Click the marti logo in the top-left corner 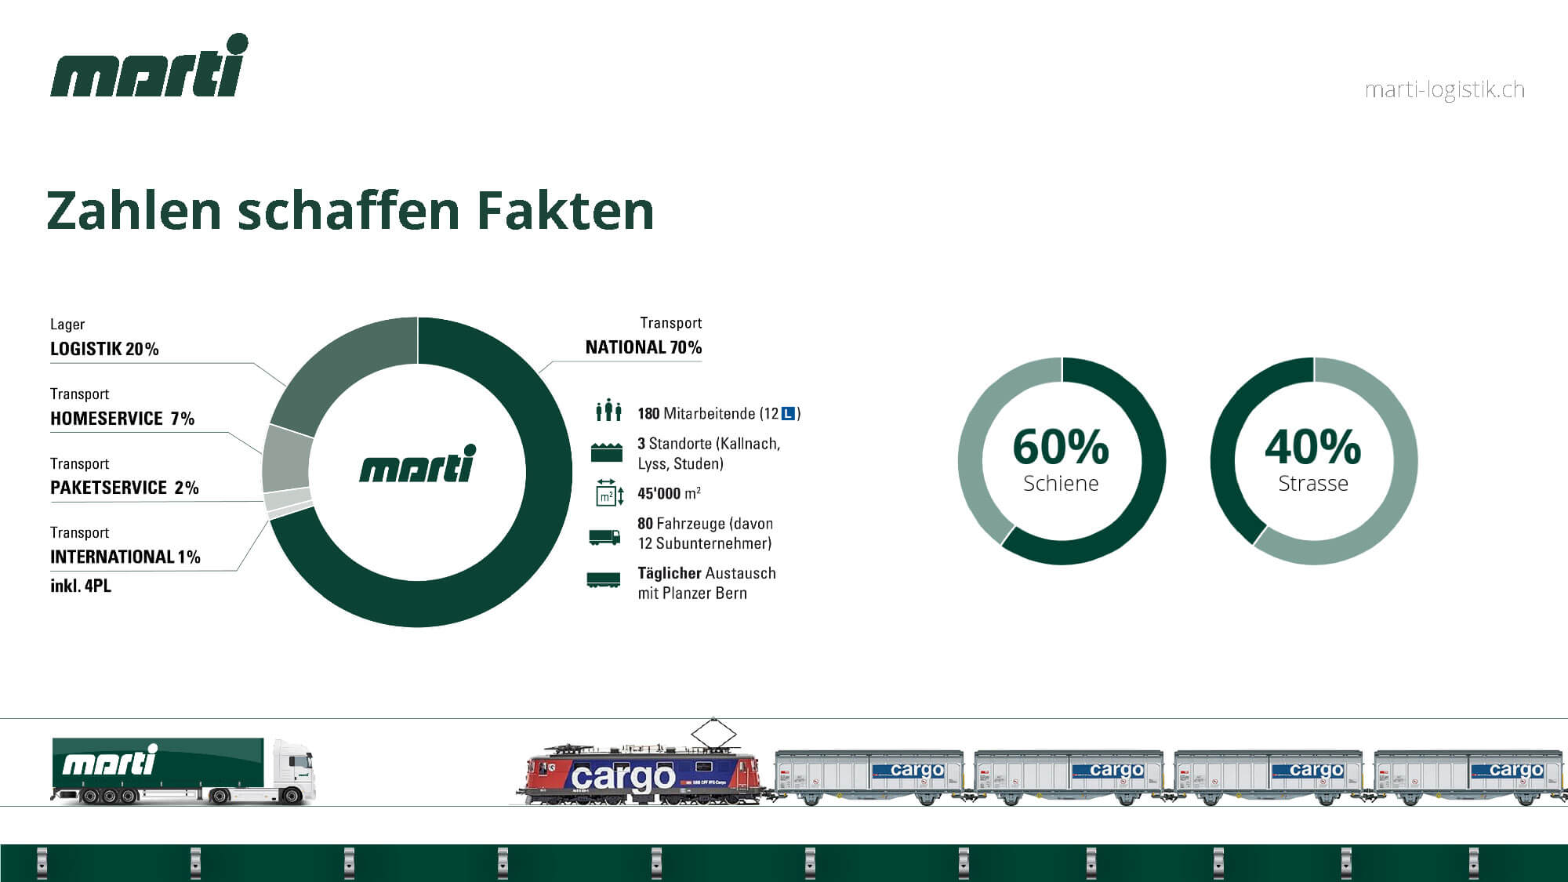[x=149, y=66]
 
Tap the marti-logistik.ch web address [x=1444, y=90]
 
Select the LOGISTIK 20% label [x=104, y=349]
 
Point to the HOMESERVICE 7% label [x=122, y=419]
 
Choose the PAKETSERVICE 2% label [x=125, y=488]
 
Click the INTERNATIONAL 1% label [x=125, y=557]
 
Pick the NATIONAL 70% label [x=644, y=347]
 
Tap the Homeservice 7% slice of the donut [x=287, y=459]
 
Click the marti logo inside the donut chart [x=418, y=464]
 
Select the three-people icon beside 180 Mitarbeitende [x=608, y=410]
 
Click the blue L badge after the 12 [x=789, y=414]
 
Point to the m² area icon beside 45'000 [x=609, y=493]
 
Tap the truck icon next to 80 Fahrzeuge [x=604, y=537]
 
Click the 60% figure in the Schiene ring [x=1061, y=447]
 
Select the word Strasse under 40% [x=1313, y=484]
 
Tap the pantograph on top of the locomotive [x=713, y=734]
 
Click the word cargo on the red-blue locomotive [x=623, y=777]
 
